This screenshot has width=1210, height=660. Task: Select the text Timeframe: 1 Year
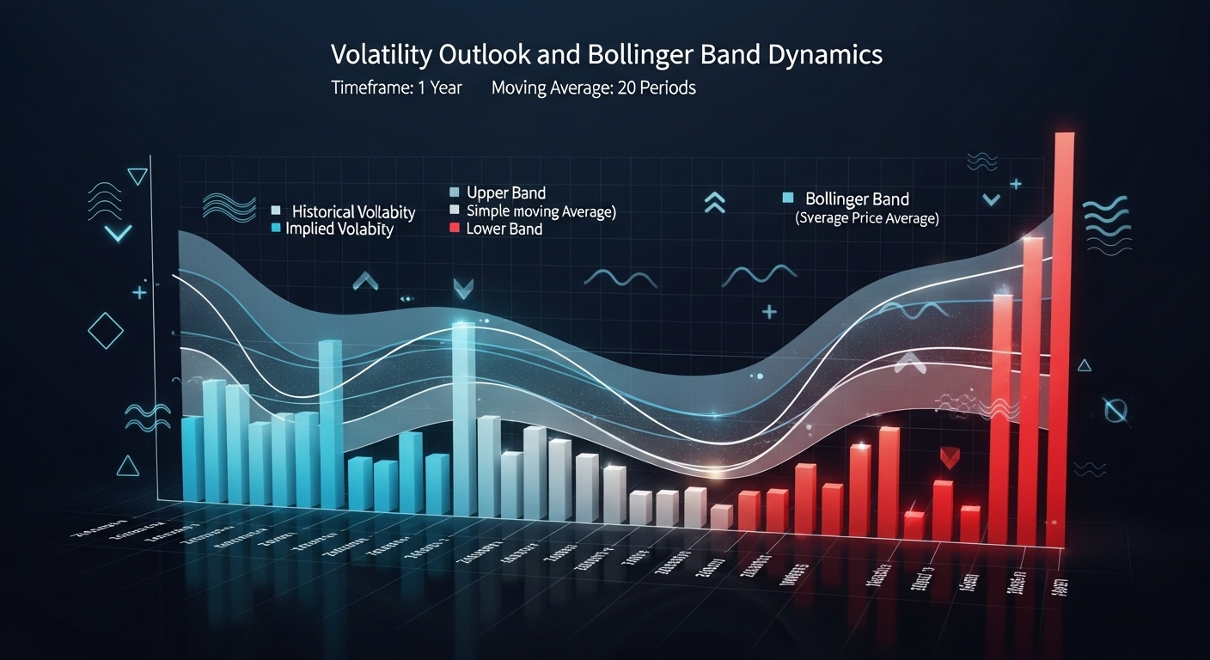click(x=397, y=88)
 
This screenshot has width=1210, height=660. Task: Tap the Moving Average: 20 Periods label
click(x=593, y=88)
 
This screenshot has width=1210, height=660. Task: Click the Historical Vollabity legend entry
click(x=353, y=211)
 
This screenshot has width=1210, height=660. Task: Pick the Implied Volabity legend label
click(x=339, y=229)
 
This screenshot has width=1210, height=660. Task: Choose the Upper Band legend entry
click(x=506, y=192)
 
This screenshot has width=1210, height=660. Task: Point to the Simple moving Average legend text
click(x=541, y=211)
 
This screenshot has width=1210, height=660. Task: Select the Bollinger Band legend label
click(x=857, y=199)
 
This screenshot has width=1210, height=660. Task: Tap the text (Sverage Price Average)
click(x=867, y=218)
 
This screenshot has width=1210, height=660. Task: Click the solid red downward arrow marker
click(x=950, y=457)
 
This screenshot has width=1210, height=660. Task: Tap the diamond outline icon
click(x=107, y=330)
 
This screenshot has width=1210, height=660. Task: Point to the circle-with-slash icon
click(x=1115, y=410)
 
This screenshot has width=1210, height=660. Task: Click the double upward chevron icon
click(x=714, y=203)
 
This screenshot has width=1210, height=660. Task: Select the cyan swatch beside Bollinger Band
click(x=787, y=199)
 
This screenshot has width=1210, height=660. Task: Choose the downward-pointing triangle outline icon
click(x=137, y=176)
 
